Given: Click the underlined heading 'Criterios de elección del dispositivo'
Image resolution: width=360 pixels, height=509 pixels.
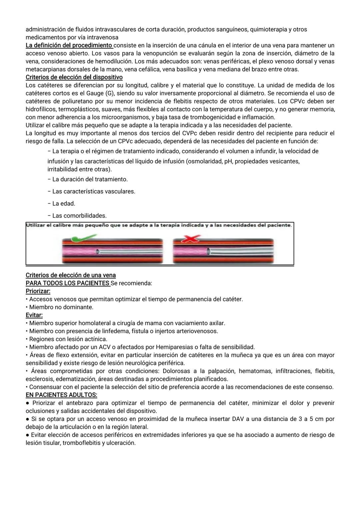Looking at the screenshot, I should point(74,77).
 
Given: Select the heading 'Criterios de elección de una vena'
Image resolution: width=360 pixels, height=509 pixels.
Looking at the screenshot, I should point(71,275).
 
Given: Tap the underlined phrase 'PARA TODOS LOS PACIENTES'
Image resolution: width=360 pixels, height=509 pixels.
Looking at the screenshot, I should point(67,283).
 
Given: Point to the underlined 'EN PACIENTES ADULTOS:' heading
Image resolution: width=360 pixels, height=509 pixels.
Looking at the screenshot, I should point(61,395).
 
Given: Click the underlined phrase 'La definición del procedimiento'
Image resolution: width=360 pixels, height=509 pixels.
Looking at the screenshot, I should point(69,45).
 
